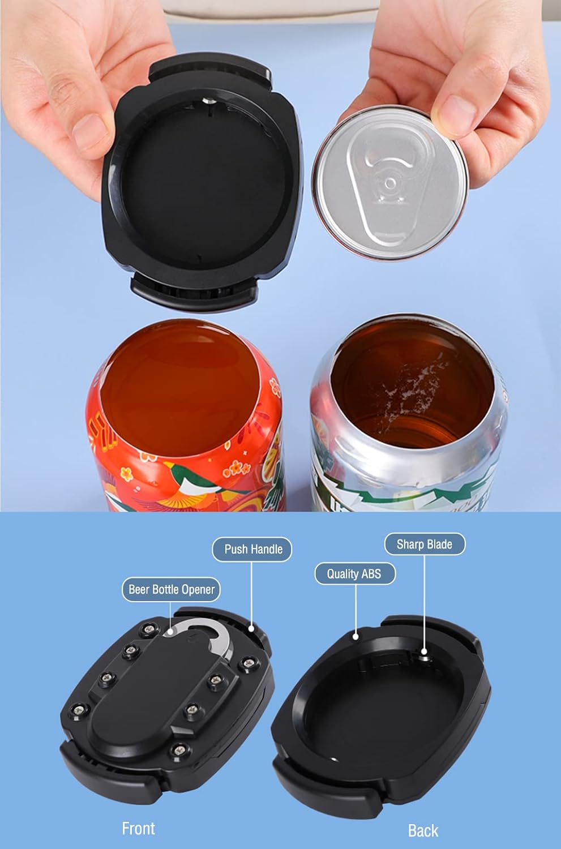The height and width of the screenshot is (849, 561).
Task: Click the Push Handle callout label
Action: point(252,549)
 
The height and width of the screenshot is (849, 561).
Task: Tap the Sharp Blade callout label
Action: point(424,544)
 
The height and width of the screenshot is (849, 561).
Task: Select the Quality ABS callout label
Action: point(354,573)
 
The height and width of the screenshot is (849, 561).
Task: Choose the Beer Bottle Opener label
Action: point(171,589)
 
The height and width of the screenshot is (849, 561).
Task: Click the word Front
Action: point(138,828)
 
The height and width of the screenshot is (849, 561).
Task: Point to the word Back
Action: point(423,830)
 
